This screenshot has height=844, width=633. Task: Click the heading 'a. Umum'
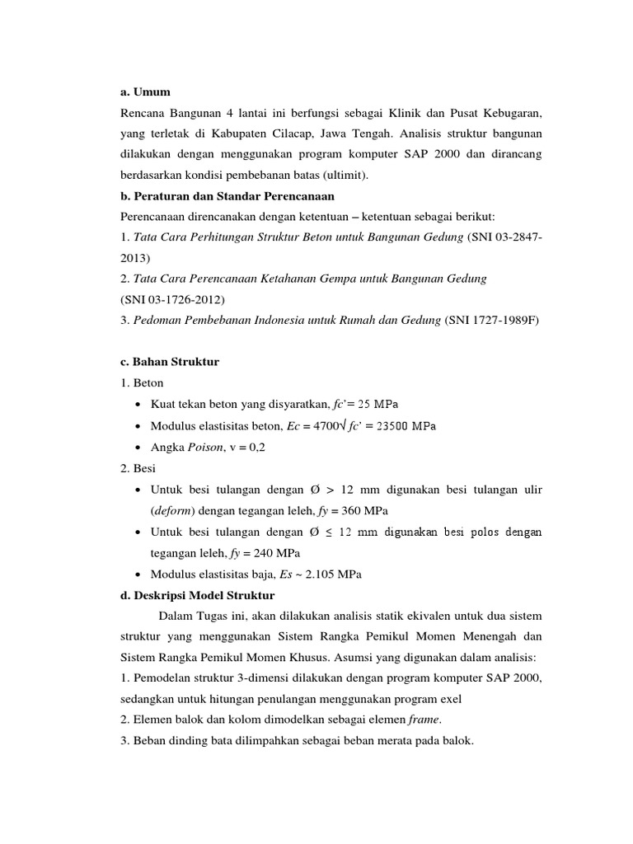click(x=145, y=91)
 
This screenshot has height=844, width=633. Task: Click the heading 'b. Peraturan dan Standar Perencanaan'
click(x=227, y=196)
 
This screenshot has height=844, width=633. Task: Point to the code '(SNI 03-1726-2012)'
click(x=172, y=299)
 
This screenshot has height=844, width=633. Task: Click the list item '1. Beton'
click(x=142, y=382)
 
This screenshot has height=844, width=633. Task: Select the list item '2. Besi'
click(x=138, y=468)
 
